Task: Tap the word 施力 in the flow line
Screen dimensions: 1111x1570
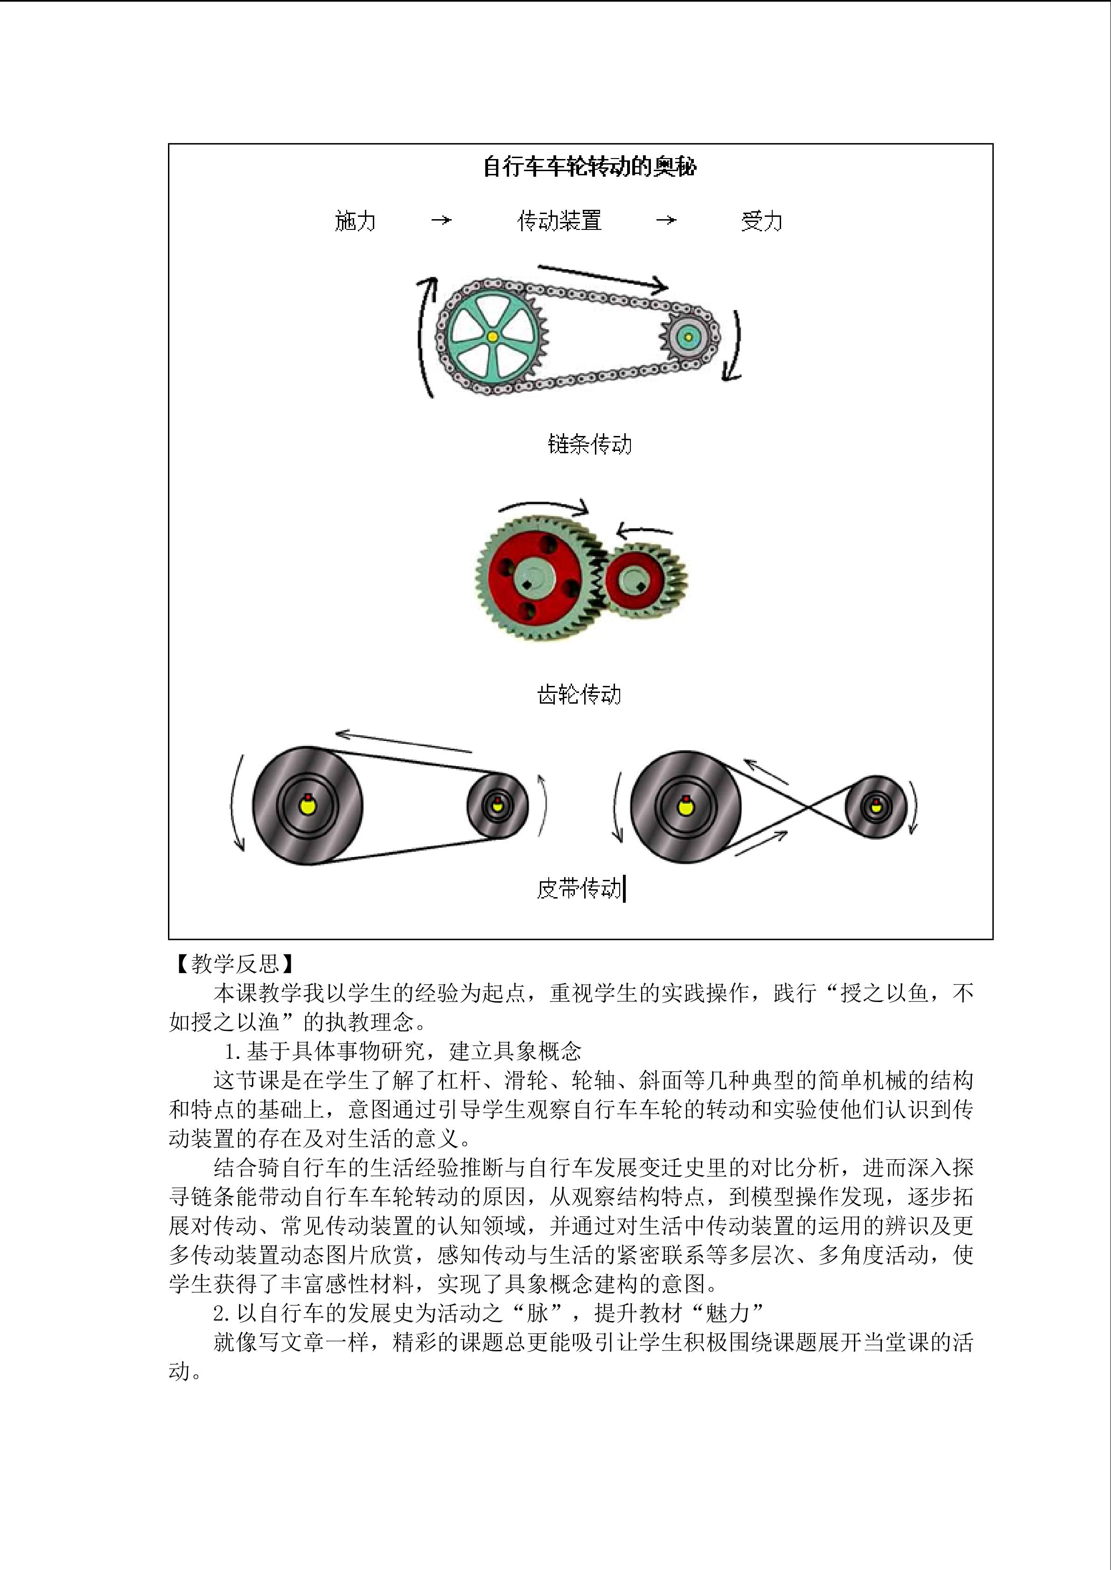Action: (x=355, y=221)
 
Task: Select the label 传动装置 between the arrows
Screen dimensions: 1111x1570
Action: (x=559, y=221)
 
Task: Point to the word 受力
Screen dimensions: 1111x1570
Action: (x=762, y=221)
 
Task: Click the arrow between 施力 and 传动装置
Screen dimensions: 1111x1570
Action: (x=441, y=220)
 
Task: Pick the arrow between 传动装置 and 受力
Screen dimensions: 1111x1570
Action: (x=666, y=220)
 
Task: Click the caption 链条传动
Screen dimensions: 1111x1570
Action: (x=590, y=444)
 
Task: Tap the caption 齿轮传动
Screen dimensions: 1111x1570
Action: (x=580, y=695)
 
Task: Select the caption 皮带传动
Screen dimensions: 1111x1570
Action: (x=580, y=889)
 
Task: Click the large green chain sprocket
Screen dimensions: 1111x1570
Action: (x=492, y=337)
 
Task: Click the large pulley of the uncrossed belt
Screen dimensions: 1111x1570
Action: (x=308, y=805)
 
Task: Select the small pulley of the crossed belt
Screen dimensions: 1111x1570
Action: (x=876, y=807)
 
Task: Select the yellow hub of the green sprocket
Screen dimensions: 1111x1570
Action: (x=492, y=337)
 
